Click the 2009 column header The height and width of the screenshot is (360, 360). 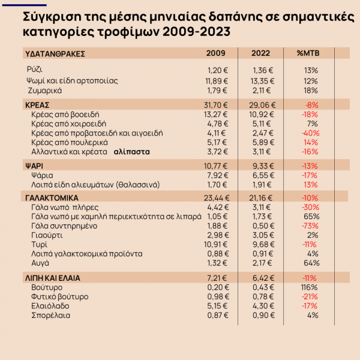(x=215, y=53)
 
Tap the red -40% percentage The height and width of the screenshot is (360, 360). (x=310, y=133)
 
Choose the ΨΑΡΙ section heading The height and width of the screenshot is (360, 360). (x=34, y=164)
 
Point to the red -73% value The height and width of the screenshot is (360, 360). (x=310, y=226)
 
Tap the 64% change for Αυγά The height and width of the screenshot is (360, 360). (x=310, y=263)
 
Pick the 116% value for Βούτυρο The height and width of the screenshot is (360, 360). (x=310, y=287)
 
